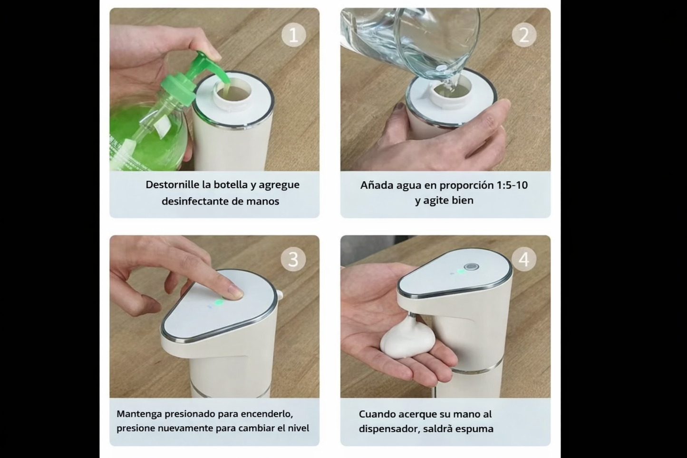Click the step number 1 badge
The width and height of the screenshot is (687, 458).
[x=293, y=35]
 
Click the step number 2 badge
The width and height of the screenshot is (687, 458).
[x=524, y=35]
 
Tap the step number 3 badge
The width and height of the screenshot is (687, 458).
[x=293, y=259]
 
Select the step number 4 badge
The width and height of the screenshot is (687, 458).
[x=524, y=259]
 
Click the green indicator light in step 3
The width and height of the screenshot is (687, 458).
[x=219, y=302]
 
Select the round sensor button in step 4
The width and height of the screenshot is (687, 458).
[x=472, y=267]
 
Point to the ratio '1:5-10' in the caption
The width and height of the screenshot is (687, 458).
[x=512, y=185]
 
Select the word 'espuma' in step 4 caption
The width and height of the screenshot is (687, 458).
[x=474, y=429]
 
